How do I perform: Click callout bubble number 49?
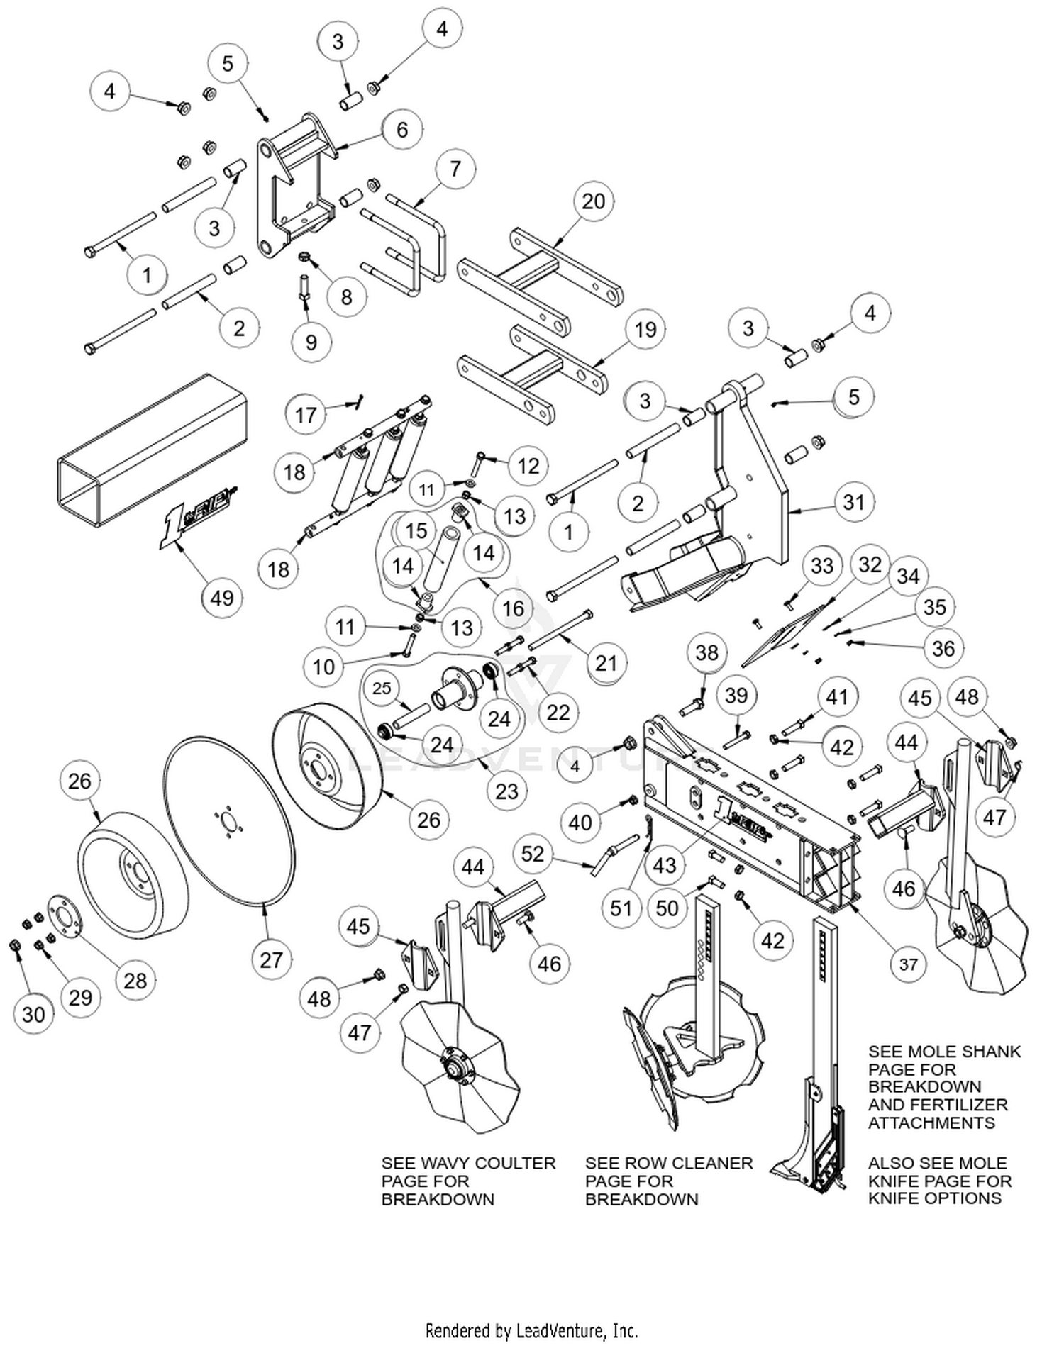[x=222, y=597]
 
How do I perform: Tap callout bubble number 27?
[x=271, y=959]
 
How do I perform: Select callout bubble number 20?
[x=593, y=201]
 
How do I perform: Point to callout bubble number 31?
[x=853, y=502]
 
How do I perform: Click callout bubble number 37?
[x=908, y=964]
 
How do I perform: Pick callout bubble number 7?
[x=455, y=169]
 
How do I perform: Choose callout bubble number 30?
[x=33, y=1014]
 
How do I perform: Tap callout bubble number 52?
[x=533, y=854]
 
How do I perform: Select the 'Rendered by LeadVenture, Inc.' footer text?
[x=531, y=1330]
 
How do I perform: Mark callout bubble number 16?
[x=513, y=608]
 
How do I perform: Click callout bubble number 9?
[x=311, y=342]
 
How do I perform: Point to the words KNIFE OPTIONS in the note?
[x=935, y=1198]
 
